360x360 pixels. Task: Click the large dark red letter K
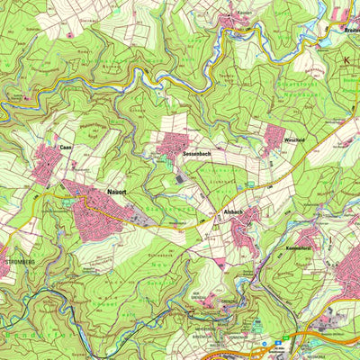click(347, 61)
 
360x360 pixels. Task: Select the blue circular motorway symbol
click(264, 343)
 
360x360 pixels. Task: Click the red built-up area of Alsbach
click(246, 229)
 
